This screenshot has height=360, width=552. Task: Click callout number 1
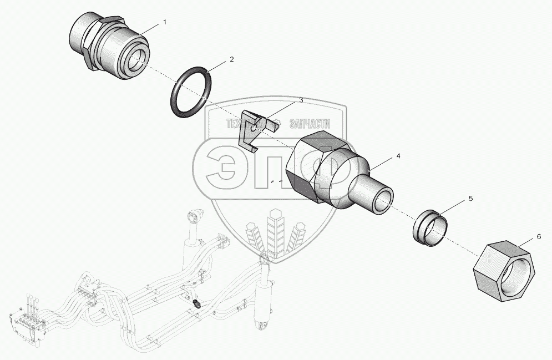164,22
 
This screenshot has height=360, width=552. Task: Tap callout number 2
232,59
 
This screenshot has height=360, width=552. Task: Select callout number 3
301,100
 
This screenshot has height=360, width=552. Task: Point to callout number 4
398,157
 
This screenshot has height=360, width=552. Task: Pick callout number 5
470,198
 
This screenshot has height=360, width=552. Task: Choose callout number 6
538,237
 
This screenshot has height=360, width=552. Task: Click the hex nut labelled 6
503,271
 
